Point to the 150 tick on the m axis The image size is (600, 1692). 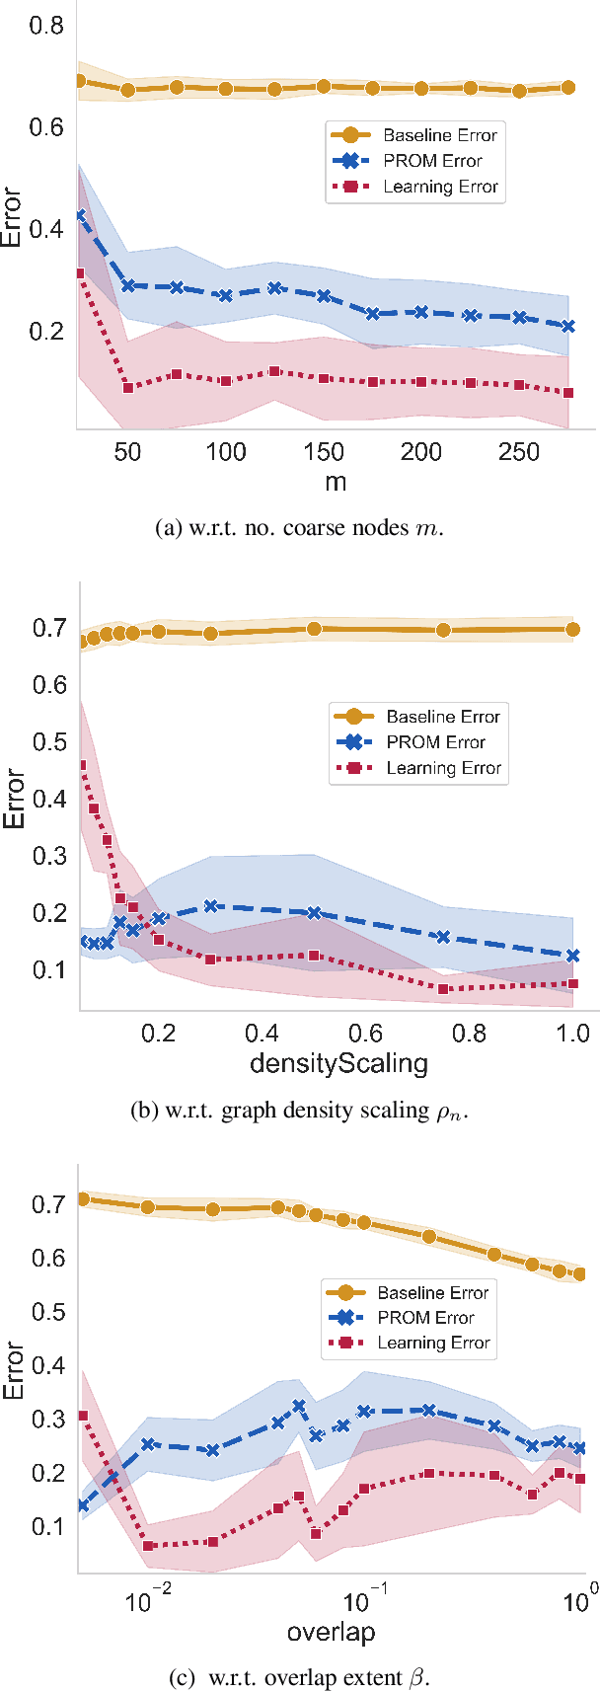click(x=324, y=452)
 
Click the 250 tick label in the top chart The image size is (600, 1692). click(x=519, y=452)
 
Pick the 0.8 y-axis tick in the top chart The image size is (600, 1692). click(x=46, y=26)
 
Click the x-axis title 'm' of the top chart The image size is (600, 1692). click(x=336, y=482)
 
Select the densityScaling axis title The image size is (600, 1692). click(x=338, y=1063)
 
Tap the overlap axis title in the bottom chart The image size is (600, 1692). click(x=331, y=1632)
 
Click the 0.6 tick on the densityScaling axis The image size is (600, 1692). click(x=365, y=1034)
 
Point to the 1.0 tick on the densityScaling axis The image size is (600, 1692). click(x=572, y=1034)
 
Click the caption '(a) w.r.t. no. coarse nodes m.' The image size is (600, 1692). click(x=300, y=528)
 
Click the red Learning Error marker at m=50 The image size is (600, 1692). click(x=128, y=388)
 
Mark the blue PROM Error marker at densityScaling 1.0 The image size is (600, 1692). click(x=572, y=956)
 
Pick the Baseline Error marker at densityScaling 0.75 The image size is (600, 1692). click(x=443, y=630)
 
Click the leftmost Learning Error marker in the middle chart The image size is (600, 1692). click(x=82, y=765)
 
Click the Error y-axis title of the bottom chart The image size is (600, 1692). click(x=13, y=1369)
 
